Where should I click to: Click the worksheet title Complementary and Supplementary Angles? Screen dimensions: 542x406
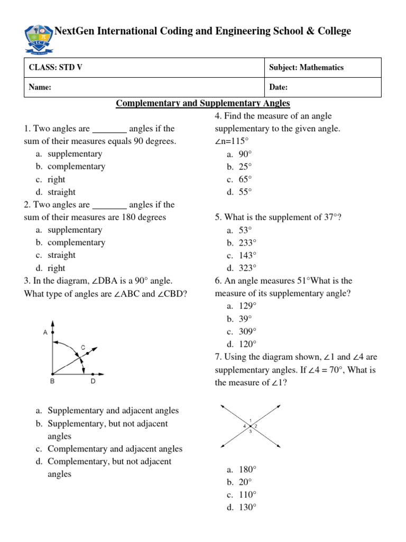point(203,103)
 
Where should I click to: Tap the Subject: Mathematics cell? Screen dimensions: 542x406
point(306,68)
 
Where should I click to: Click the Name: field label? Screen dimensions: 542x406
point(40,87)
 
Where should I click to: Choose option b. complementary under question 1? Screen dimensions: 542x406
point(76,166)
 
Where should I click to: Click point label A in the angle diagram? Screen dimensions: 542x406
point(45,332)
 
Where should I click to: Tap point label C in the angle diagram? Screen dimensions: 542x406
point(83,347)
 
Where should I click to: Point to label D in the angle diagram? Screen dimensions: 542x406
point(93,381)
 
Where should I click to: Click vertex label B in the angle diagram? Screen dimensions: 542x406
point(52,381)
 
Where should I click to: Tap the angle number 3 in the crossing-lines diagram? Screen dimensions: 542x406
point(250,431)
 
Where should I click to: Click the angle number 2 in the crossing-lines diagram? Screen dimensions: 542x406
point(256,426)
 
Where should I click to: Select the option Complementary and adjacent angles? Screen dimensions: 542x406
point(115,449)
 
